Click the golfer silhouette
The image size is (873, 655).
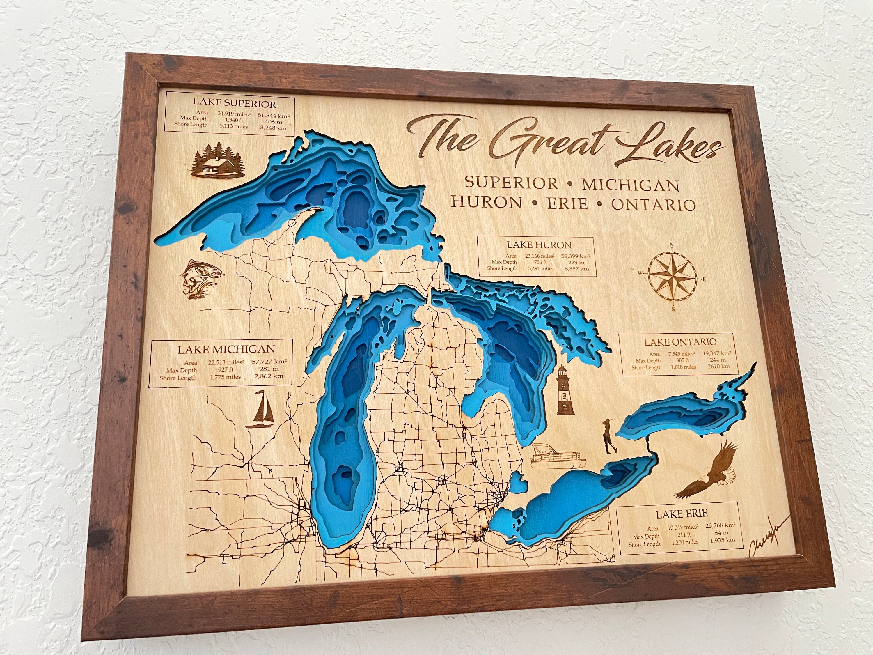click(609, 437)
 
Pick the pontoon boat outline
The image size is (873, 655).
click(558, 456)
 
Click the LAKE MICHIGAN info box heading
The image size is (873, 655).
click(226, 349)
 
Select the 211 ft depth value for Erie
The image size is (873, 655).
click(684, 535)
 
